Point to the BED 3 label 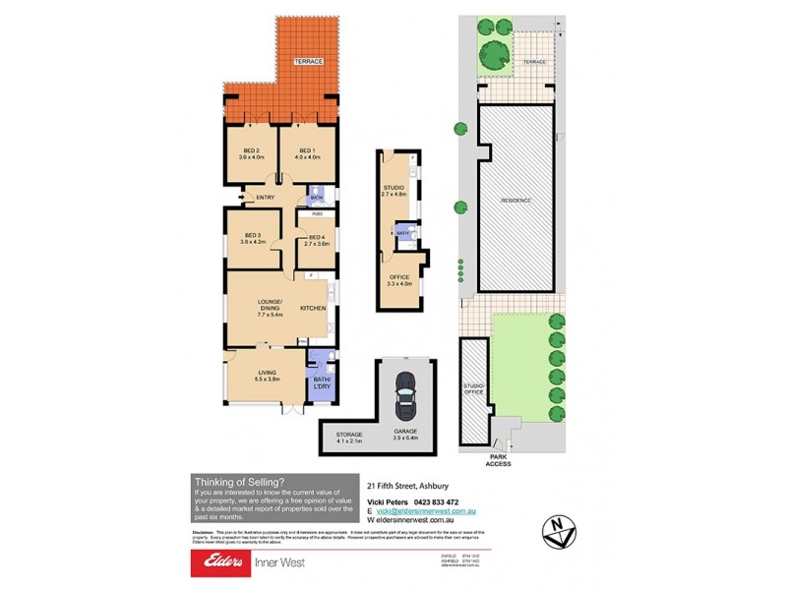[253, 236]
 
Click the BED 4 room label [316, 237]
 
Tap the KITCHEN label [313, 309]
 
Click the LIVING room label [268, 372]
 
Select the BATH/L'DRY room [322, 383]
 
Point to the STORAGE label [349, 435]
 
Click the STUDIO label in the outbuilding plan [393, 187]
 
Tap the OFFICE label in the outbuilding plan [398, 277]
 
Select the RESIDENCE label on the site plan [516, 200]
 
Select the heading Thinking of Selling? [239, 482]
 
